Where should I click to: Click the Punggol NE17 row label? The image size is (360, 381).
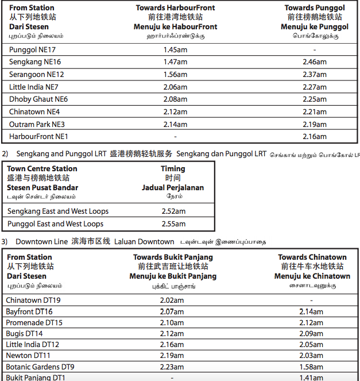(32, 49)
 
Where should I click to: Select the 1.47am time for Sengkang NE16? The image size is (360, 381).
(175, 62)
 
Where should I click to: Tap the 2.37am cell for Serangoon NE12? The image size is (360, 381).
(315, 75)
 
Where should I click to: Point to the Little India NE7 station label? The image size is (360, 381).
(34, 87)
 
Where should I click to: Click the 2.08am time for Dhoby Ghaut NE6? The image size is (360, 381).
(175, 99)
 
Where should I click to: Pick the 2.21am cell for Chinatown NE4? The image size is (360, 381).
(315, 112)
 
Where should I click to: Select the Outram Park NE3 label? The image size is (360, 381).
(37, 124)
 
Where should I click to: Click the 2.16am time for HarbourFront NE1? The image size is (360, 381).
(315, 137)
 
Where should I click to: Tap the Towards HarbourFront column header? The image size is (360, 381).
(175, 8)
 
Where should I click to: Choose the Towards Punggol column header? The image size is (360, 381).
(315, 8)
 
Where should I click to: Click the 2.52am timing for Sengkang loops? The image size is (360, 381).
(173, 211)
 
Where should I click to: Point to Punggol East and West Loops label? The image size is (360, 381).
(55, 224)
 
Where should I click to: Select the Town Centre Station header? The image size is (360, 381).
(42, 169)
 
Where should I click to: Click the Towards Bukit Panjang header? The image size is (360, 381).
(173, 257)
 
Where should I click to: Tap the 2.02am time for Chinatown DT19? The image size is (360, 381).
(172, 300)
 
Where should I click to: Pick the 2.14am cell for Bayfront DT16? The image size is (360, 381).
(312, 311)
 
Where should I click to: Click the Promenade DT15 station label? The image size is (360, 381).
(34, 323)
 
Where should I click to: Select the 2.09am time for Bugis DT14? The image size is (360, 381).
(312, 334)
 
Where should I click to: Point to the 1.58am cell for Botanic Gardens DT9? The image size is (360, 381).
(312, 367)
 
